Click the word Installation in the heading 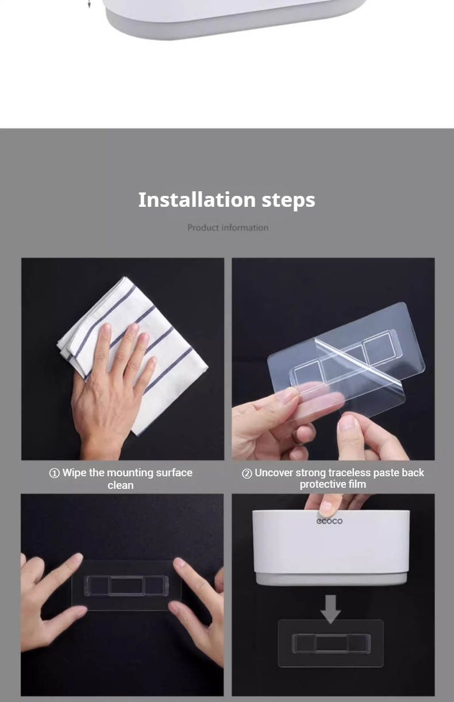point(197,200)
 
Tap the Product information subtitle point(228,228)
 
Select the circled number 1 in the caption point(54,473)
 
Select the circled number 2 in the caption point(247,473)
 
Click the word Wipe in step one point(74,473)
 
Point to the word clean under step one point(121,485)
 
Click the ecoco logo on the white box point(329,521)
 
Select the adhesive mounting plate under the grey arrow point(331,643)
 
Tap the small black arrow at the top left point(89,4)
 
